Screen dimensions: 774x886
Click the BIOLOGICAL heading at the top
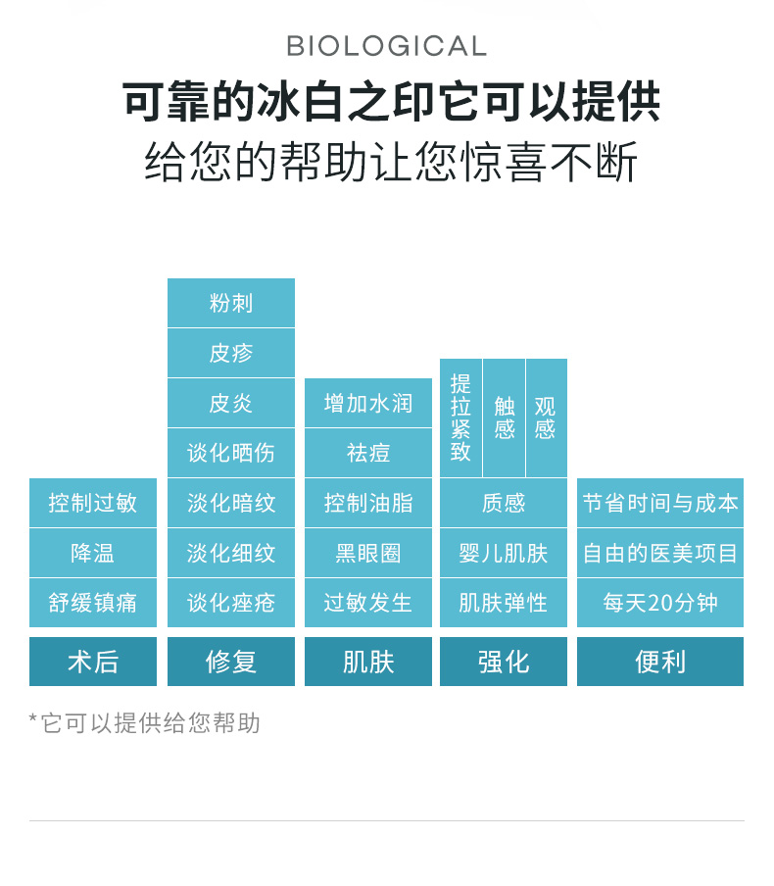[386, 46]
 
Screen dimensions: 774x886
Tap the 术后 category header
[93, 662]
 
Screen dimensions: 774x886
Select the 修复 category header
[231, 662]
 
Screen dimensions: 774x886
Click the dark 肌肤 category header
[368, 662]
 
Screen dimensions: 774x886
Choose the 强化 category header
[504, 662]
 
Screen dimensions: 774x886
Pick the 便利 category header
[660, 662]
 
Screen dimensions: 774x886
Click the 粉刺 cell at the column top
[231, 303]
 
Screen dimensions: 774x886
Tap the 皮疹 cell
[231, 353]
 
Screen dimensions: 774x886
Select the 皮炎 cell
[231, 403]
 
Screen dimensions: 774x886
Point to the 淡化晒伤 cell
[231, 453]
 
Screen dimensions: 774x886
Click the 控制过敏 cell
[93, 503]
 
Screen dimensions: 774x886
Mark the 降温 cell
[93, 553]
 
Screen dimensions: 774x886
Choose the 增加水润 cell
[368, 403]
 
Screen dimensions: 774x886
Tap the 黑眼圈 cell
[368, 553]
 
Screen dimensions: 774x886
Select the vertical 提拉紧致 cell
[460, 418]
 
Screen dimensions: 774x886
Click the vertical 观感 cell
[546, 418]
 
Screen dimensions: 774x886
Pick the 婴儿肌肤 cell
[504, 553]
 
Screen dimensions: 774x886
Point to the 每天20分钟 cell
[660, 603]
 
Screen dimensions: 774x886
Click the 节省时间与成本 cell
[660, 503]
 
